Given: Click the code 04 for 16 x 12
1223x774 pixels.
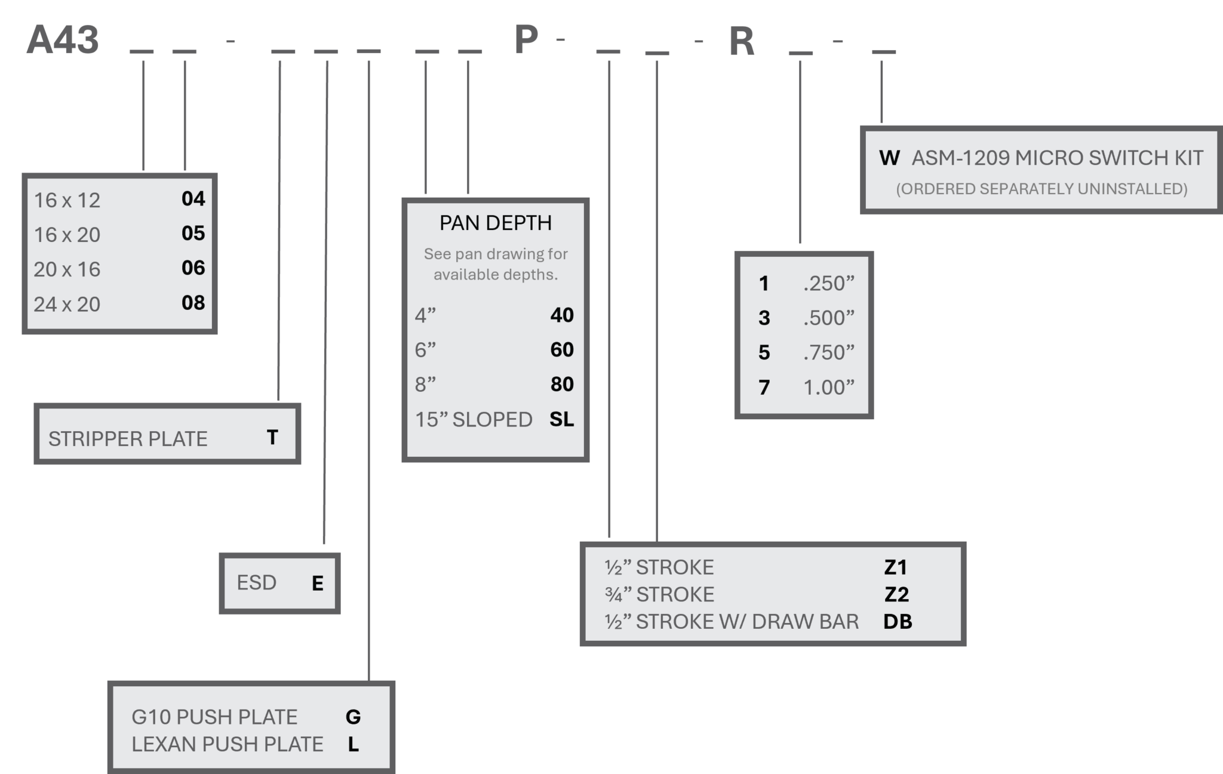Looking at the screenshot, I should [193, 199].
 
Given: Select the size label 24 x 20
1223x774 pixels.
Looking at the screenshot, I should [67, 305].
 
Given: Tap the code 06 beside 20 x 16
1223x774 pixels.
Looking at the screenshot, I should [193, 268].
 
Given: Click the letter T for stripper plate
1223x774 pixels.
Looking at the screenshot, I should [272, 438].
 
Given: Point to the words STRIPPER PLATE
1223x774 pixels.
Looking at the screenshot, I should [128, 439].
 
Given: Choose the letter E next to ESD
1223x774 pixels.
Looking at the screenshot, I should [318, 583].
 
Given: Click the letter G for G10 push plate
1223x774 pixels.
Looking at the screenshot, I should [353, 717].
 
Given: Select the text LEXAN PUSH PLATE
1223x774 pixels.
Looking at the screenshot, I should [227, 744].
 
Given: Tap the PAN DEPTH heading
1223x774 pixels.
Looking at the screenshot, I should [496, 223].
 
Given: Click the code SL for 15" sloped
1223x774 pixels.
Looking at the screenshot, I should [561, 419].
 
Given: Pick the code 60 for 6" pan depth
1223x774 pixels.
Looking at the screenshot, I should [561, 349].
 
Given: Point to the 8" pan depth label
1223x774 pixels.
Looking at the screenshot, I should [425, 384].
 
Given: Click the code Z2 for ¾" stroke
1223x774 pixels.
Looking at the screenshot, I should [896, 594].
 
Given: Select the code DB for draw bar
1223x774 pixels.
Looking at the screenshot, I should [898, 622].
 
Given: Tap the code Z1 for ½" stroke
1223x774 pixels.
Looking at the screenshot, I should [896, 567].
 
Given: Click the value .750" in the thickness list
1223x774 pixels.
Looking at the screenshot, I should [829, 352].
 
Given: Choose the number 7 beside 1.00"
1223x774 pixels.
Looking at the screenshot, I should [764, 388].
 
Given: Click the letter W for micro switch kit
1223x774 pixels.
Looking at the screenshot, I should [889, 158].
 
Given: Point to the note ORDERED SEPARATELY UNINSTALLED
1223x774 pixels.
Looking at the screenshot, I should [1041, 189].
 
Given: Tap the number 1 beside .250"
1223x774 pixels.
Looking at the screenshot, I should [764, 283].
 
